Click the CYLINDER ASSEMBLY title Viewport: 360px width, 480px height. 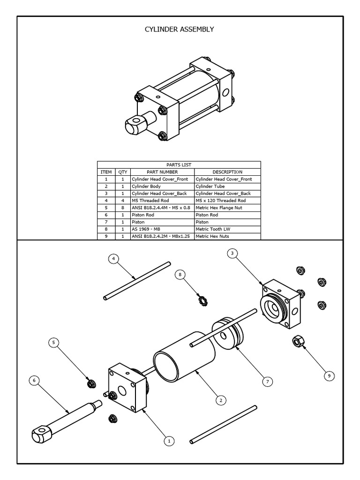click(x=180, y=30)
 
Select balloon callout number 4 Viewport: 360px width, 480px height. click(x=113, y=259)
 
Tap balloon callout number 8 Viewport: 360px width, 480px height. click(x=180, y=274)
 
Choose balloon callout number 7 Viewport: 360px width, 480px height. click(x=267, y=382)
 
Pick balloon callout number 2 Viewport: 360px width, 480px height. click(x=220, y=400)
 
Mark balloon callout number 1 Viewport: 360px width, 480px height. click(x=169, y=441)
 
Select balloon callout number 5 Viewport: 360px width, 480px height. click(x=54, y=343)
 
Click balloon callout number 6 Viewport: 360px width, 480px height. click(x=34, y=381)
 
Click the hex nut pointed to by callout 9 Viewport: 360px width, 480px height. click(x=297, y=341)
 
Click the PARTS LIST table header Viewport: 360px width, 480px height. click(x=179, y=165)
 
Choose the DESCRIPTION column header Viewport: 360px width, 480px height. click(x=227, y=172)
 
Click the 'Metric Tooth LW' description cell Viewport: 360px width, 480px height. click(x=227, y=229)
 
